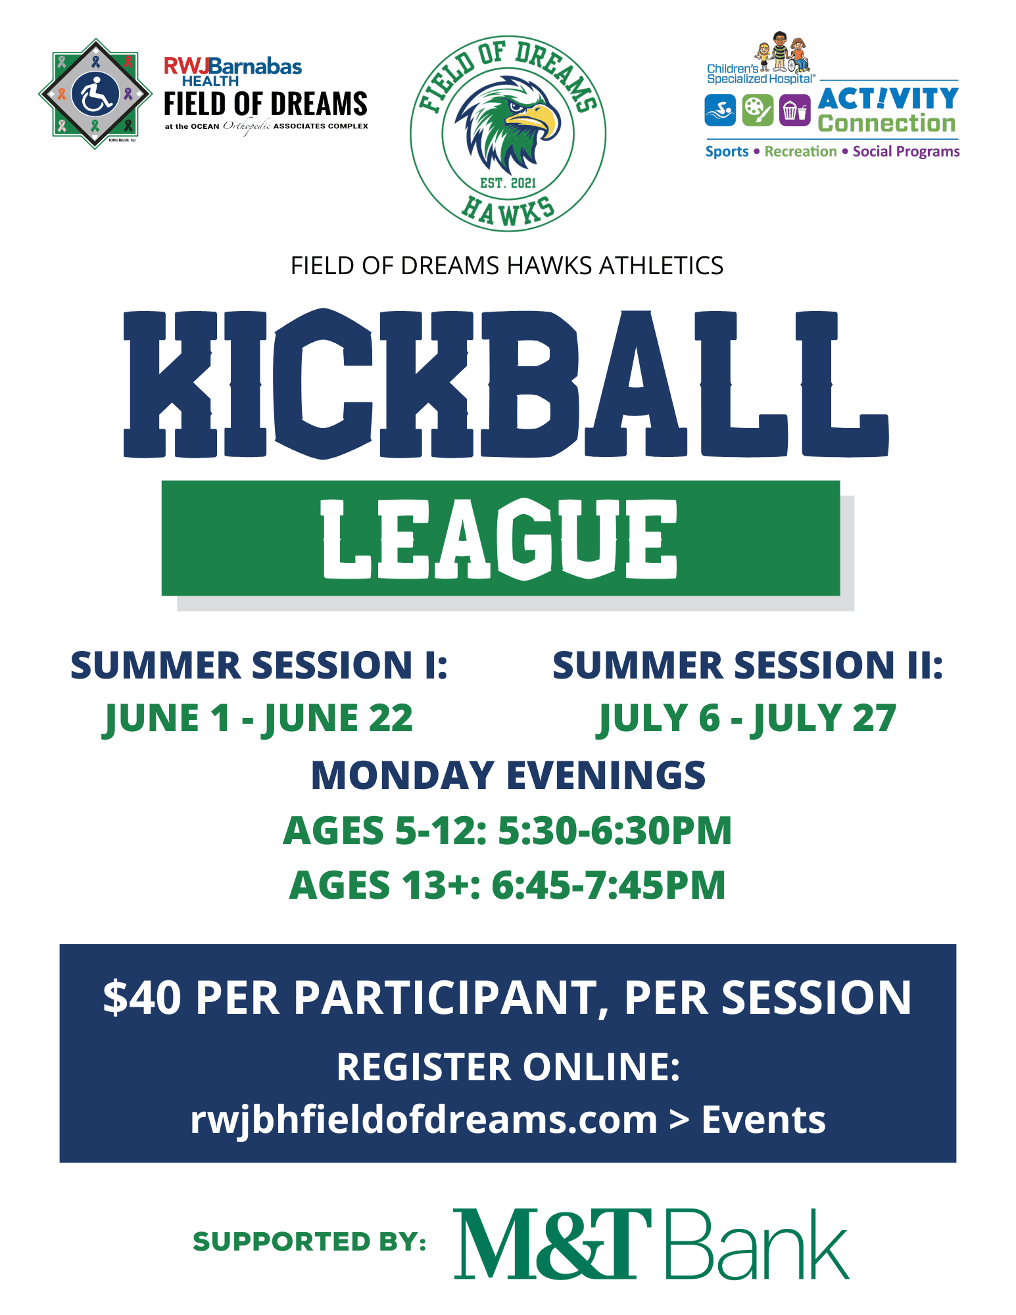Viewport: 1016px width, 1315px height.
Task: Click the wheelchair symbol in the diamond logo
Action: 95,95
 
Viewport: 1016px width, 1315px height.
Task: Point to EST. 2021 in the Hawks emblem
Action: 508,183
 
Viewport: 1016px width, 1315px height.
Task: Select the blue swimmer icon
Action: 720,110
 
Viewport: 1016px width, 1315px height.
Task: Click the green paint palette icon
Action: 758,110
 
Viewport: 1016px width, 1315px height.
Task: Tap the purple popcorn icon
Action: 794,110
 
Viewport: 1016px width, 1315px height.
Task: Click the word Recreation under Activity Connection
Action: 800,151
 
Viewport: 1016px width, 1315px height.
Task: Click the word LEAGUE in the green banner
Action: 499,539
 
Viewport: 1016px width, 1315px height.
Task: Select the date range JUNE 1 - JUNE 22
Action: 258,718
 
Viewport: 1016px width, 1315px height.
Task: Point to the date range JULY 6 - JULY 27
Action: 746,718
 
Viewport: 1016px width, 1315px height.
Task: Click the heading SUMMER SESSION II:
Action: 748,665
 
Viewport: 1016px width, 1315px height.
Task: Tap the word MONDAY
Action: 402,775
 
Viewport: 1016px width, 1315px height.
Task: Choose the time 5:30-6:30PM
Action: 615,830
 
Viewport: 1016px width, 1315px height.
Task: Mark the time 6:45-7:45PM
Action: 608,885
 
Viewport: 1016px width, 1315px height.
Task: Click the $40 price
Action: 142,997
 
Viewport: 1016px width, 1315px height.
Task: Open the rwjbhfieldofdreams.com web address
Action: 424,1120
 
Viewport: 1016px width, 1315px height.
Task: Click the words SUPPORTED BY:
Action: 309,1241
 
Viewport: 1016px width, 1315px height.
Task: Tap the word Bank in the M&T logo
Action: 757,1244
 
